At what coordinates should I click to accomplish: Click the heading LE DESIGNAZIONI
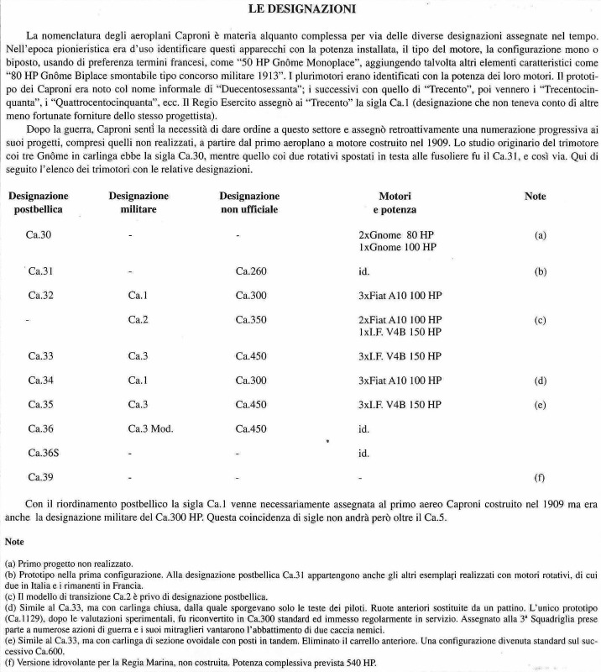[300, 10]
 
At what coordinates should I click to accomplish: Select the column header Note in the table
[535, 197]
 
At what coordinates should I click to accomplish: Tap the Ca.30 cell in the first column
[39, 235]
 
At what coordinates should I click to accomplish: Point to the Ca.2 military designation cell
[138, 320]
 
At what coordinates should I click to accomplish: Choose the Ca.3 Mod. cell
[150, 428]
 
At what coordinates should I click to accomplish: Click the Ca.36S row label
[43, 453]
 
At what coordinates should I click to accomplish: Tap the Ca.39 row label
[39, 477]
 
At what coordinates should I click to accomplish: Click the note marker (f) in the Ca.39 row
[540, 477]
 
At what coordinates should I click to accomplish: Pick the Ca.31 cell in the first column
[40, 272]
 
